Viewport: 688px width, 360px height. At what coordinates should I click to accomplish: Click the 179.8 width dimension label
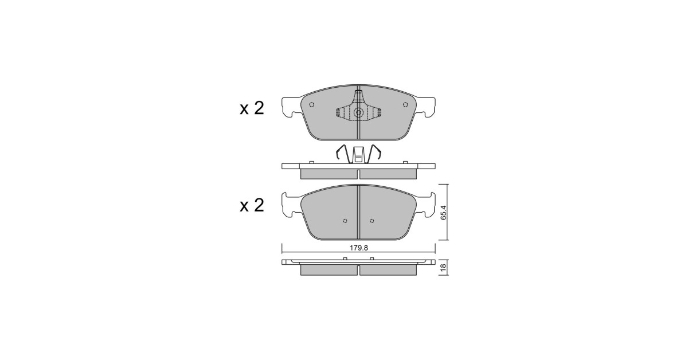(358, 248)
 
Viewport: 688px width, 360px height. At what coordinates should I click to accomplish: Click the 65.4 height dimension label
(443, 213)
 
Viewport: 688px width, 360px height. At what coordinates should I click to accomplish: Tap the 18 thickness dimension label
(443, 268)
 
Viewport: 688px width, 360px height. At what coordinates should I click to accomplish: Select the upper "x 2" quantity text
(252, 108)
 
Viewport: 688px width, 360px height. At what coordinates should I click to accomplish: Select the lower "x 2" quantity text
(252, 205)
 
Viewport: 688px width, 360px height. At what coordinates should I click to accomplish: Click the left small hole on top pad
(312, 105)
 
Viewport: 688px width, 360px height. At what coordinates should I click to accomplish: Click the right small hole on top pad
(405, 105)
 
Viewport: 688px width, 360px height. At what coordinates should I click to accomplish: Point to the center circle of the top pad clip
(358, 113)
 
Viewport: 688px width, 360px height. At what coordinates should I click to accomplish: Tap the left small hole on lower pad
(345, 221)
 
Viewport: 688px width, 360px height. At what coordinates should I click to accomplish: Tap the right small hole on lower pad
(372, 221)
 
